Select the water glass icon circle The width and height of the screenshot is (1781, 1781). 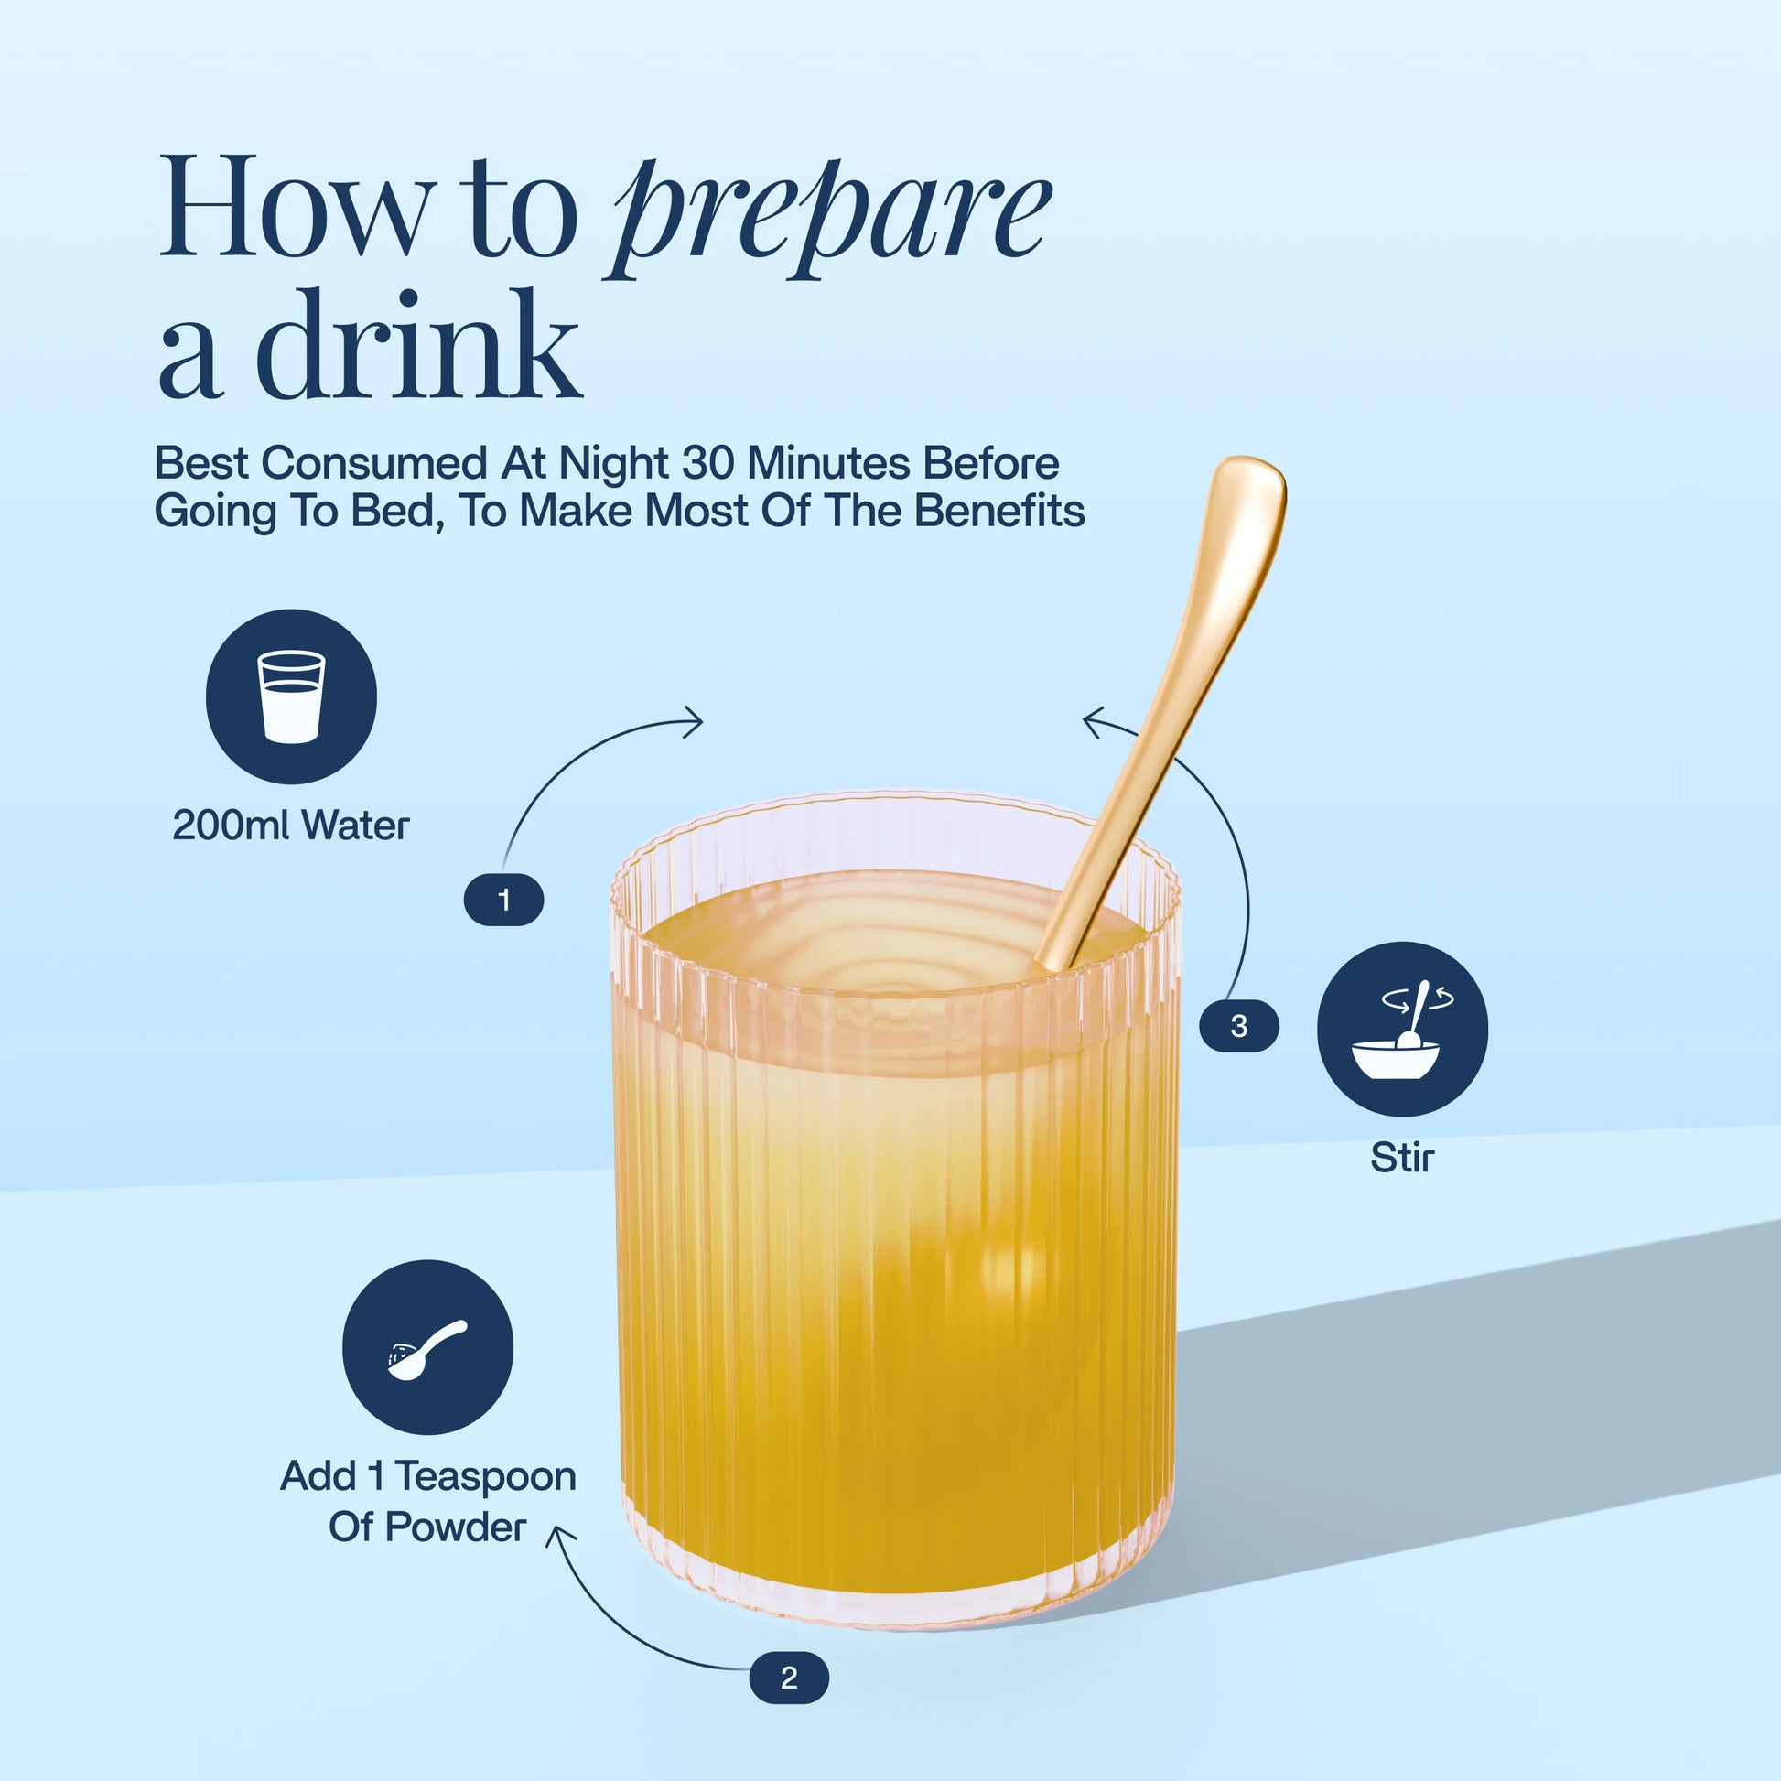(291, 696)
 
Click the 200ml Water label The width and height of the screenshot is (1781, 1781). (290, 825)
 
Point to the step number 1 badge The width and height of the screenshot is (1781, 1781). (503, 899)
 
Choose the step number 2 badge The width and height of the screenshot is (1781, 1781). (788, 1678)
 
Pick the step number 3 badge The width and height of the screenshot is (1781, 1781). (1239, 1025)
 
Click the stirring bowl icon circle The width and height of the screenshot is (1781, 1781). (1402, 1029)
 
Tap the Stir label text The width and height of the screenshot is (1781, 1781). (1402, 1157)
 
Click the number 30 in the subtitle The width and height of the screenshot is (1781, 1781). (709, 463)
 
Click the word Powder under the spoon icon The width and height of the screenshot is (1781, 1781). (455, 1527)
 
